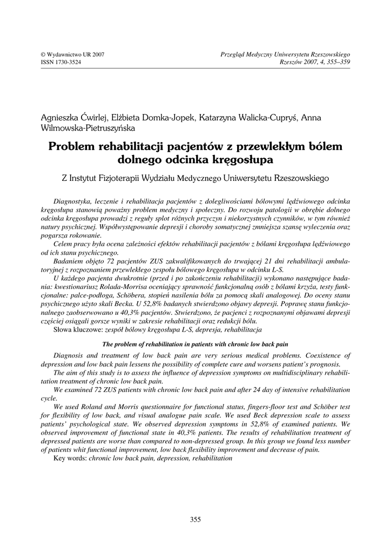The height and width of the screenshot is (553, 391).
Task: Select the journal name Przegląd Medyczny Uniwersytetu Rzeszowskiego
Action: (286, 55)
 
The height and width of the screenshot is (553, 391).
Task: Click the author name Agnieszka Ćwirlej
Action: (72, 118)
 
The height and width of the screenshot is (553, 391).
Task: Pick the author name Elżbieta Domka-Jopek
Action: (149, 118)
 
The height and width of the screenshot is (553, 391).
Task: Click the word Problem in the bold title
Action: (70, 146)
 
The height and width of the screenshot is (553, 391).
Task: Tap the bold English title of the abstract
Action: (195, 344)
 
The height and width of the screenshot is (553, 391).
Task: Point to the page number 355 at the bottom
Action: (195, 520)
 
